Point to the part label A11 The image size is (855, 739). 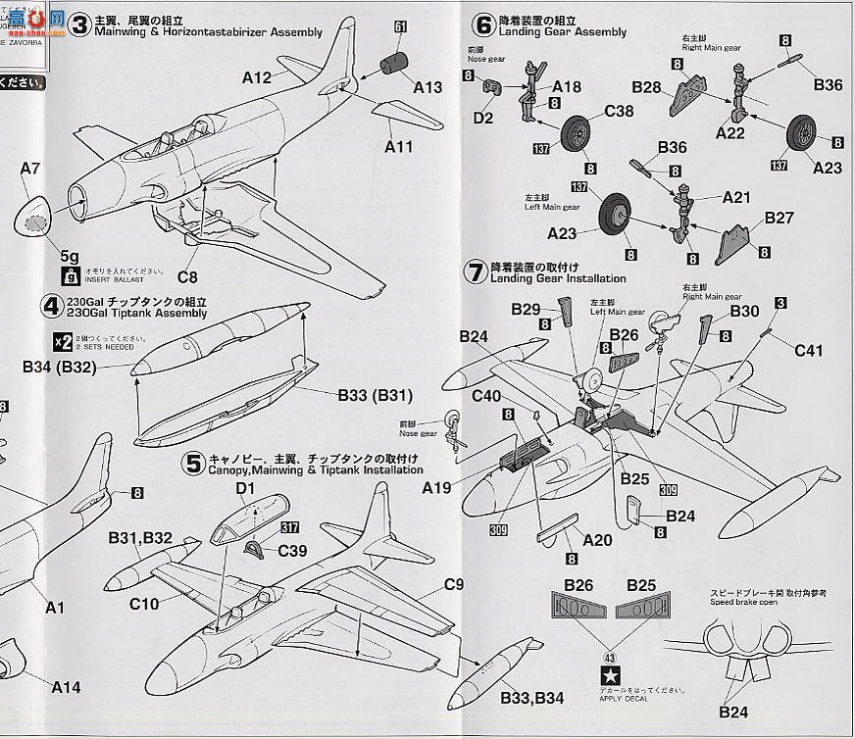399,147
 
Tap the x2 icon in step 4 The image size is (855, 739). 62,341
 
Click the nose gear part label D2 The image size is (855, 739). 483,117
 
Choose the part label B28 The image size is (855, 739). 647,87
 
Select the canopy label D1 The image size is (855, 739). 245,488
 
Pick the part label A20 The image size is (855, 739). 597,539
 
